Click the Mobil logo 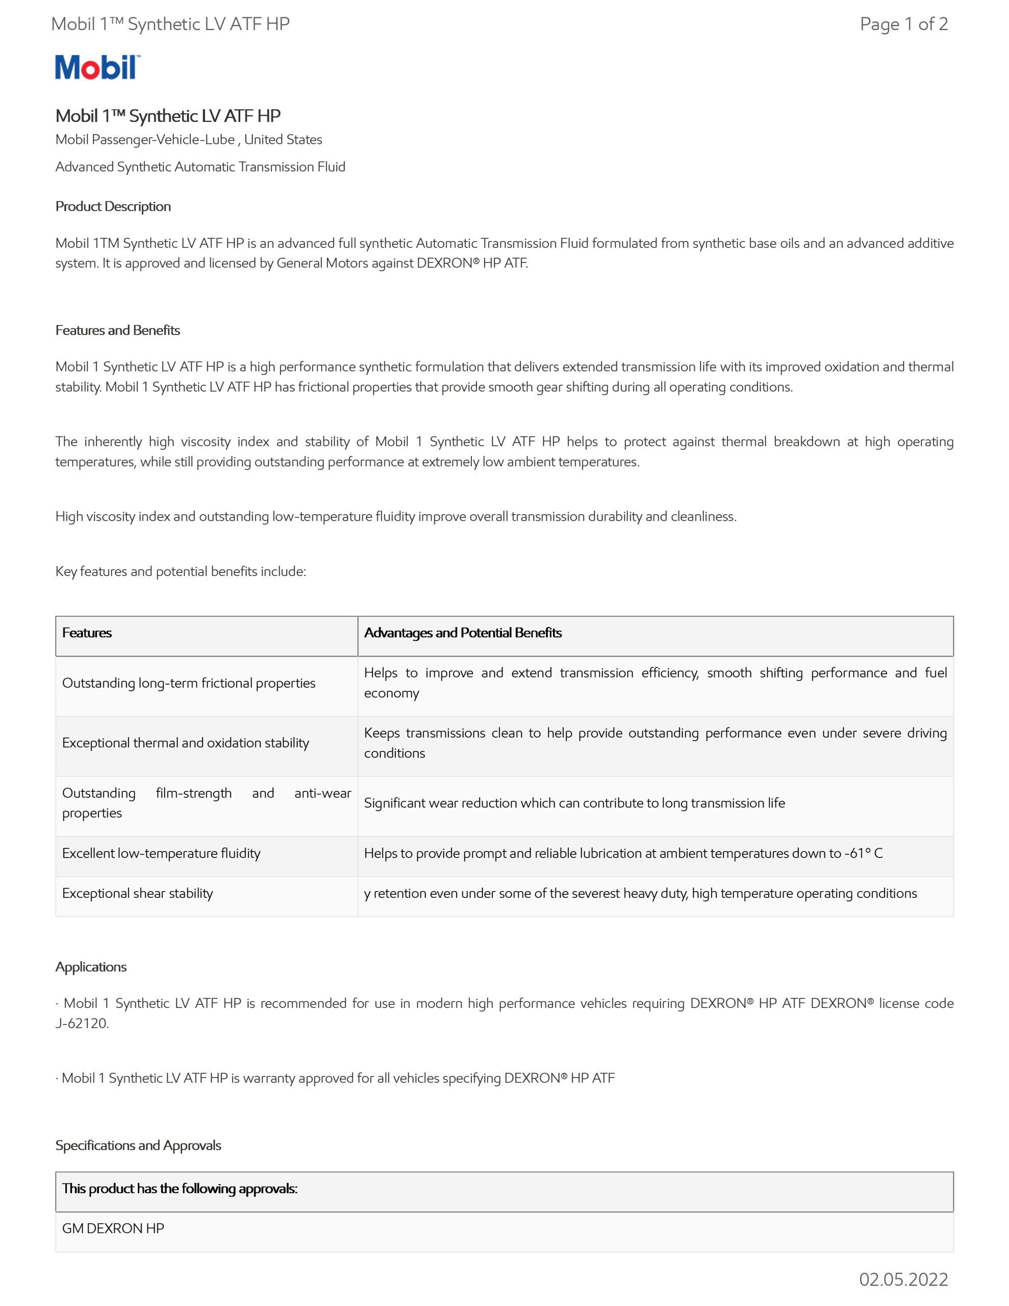(x=97, y=67)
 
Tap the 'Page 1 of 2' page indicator (x=903, y=24)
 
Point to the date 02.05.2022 (x=903, y=1279)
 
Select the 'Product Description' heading (x=113, y=206)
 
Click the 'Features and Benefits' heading (x=118, y=330)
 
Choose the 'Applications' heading (x=91, y=967)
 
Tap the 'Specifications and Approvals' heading (x=138, y=1145)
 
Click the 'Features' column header (x=87, y=633)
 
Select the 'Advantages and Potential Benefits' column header (x=463, y=633)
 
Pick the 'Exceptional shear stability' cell (x=138, y=893)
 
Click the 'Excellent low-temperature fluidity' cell (x=162, y=853)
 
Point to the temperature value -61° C (x=863, y=853)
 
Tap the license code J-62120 (x=82, y=1023)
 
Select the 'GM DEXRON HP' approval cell (x=113, y=1228)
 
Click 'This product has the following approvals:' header (x=180, y=1188)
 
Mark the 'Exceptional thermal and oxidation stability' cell (x=185, y=743)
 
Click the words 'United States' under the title (x=283, y=139)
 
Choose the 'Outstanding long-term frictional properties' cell (x=188, y=683)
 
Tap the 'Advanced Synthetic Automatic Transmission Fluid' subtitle (x=200, y=167)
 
